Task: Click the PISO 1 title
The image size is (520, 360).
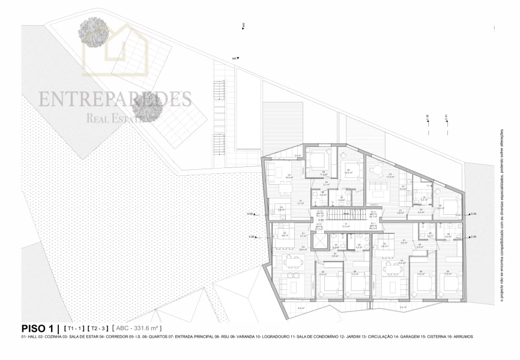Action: [37, 328]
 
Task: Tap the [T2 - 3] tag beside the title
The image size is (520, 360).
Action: [98, 329]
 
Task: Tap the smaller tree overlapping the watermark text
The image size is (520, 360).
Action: [147, 106]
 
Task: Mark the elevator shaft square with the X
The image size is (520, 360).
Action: [321, 240]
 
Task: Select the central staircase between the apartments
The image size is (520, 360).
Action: [346, 214]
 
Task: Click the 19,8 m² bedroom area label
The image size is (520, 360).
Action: [440, 208]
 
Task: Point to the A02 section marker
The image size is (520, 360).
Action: [243, 26]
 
